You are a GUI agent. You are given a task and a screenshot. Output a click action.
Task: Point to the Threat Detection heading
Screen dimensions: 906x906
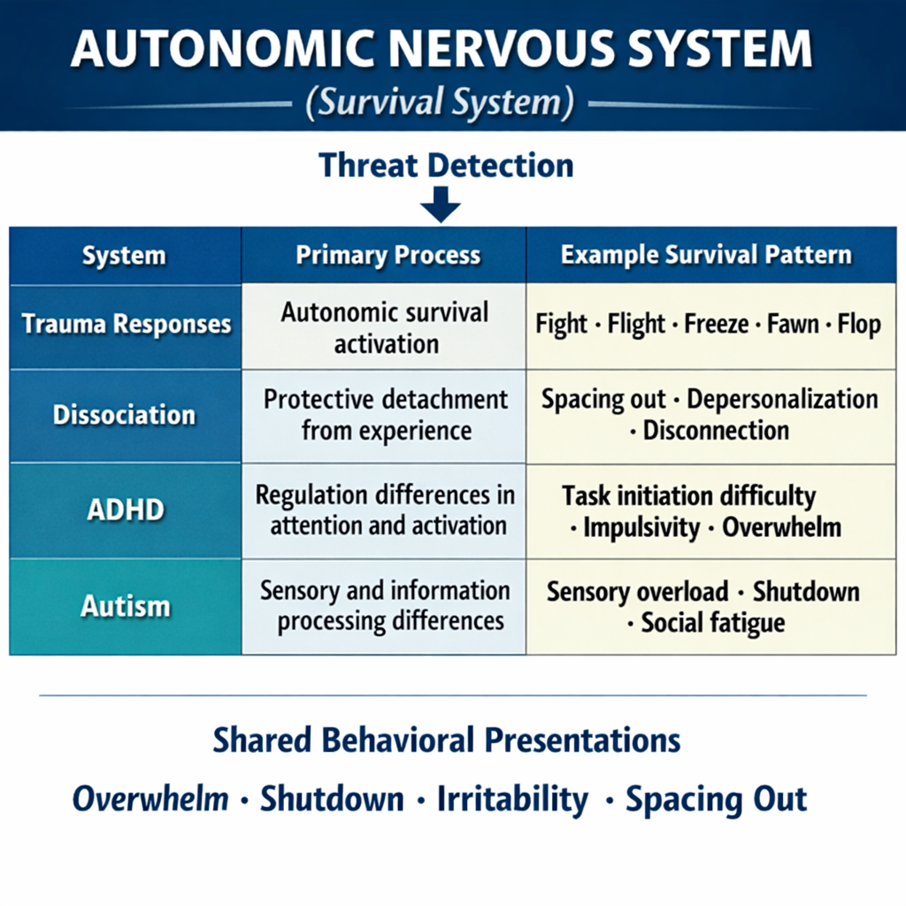tap(446, 165)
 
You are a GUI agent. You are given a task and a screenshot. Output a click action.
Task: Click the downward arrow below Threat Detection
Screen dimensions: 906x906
tap(440, 207)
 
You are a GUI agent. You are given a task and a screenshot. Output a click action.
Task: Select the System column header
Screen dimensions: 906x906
tap(124, 257)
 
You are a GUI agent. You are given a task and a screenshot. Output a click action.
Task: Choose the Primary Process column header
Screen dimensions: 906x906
tap(388, 257)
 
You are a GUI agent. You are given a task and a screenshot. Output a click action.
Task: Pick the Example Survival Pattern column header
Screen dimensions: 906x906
tap(706, 257)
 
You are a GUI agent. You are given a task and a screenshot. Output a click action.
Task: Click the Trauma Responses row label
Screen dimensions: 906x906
tap(126, 324)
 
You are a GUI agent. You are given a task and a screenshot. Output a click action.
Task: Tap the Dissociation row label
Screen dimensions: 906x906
tap(124, 415)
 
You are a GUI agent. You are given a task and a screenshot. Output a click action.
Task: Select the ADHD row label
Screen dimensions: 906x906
tap(124, 511)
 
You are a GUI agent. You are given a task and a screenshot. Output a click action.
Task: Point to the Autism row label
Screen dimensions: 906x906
tap(125, 606)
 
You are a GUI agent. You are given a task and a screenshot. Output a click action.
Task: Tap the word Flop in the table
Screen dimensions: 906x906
tap(859, 324)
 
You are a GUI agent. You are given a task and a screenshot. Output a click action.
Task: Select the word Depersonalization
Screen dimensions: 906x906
tap(782, 399)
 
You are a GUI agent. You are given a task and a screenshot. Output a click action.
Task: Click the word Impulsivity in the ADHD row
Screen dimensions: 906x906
tap(642, 528)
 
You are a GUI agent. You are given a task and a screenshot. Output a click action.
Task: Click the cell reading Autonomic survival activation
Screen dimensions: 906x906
tap(385, 328)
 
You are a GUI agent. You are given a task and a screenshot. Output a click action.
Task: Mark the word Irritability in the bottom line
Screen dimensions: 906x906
tap(512, 800)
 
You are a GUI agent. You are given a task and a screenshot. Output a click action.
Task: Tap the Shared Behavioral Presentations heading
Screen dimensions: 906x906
tap(446, 741)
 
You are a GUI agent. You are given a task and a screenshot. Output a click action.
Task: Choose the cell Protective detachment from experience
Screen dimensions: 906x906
tap(385, 414)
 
